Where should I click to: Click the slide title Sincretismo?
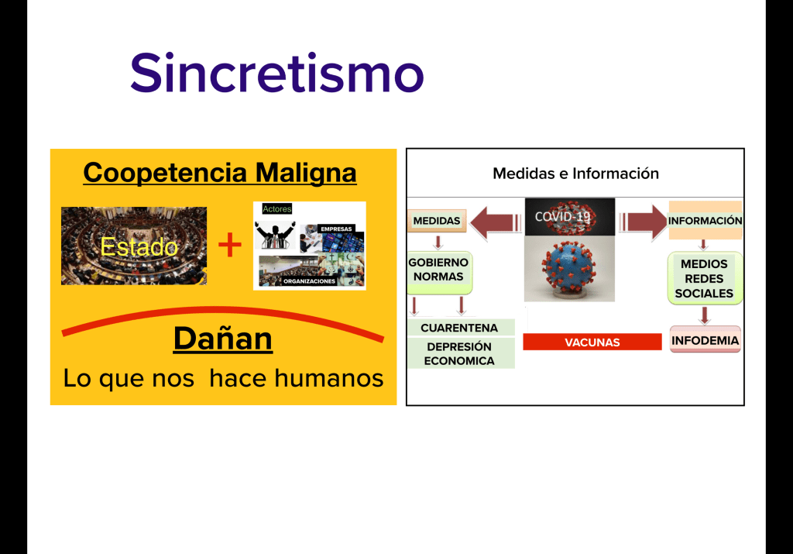(x=276, y=73)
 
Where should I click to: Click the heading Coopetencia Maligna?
(x=220, y=173)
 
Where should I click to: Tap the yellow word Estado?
(x=139, y=247)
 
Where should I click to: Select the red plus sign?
(x=229, y=245)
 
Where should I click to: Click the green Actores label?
(x=276, y=209)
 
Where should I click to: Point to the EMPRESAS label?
(x=336, y=229)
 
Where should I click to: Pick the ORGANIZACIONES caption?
(x=309, y=281)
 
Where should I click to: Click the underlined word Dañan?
(x=223, y=338)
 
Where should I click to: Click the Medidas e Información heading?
(x=575, y=174)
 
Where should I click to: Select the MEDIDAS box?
(x=437, y=221)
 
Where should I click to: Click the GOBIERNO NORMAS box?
(x=439, y=272)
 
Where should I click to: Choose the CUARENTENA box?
(x=461, y=327)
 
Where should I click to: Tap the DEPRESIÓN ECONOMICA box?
(x=461, y=353)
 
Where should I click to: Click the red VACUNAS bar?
(x=592, y=342)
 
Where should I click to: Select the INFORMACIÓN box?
(x=705, y=220)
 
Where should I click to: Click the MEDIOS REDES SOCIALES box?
(x=705, y=278)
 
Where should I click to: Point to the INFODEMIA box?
(x=705, y=340)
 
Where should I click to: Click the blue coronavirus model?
(x=568, y=268)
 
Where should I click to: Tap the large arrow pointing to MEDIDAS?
(x=495, y=222)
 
